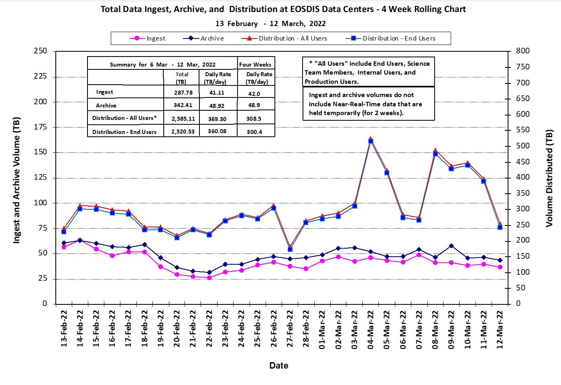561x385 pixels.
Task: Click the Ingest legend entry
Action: [147, 38]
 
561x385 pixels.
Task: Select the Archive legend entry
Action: [203, 38]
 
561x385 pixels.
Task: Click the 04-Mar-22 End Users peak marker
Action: [370, 141]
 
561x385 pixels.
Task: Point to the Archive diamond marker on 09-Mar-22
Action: [451, 246]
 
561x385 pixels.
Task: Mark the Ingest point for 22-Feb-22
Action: [209, 278]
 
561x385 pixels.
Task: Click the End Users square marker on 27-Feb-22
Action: [290, 249]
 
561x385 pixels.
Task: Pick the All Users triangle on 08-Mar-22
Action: [435, 150]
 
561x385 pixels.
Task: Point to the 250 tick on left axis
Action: [40, 51]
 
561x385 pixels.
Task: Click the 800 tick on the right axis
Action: [523, 51]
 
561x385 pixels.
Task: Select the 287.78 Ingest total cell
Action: [183, 93]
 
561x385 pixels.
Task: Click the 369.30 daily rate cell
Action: [217, 119]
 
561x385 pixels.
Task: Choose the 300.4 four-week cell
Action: [254, 132]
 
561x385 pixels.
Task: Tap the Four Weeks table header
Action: [255, 65]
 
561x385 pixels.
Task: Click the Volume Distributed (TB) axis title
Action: [549, 178]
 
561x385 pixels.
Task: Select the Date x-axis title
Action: [278, 365]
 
